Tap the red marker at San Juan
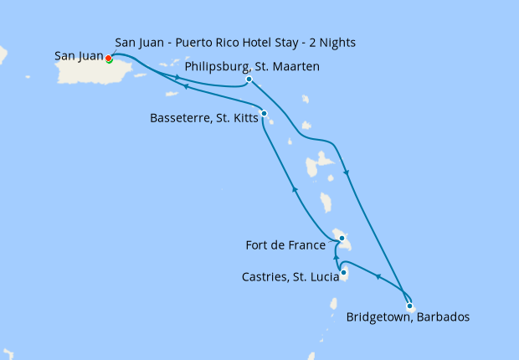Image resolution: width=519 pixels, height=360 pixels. click(x=109, y=58)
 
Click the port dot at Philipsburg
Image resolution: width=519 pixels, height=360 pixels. click(x=249, y=80)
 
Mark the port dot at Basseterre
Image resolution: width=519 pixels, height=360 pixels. click(x=264, y=113)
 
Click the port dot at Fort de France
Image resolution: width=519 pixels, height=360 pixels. click(x=342, y=238)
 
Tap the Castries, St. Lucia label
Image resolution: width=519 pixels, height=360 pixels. click(x=286, y=275)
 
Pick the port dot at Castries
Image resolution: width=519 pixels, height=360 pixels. click(x=344, y=271)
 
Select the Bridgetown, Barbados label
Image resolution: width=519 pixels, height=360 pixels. click(x=408, y=317)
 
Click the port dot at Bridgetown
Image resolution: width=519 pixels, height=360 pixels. click(x=409, y=306)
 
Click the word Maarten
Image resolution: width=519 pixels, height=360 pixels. click(x=295, y=67)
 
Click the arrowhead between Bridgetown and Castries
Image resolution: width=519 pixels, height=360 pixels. click(x=378, y=277)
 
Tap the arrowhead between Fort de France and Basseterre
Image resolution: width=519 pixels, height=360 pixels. click(x=294, y=190)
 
